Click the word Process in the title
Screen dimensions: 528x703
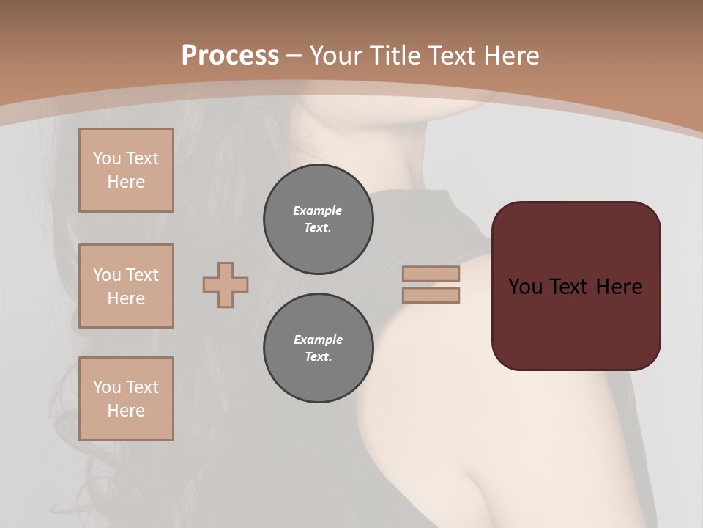click(230, 56)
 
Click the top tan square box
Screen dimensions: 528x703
click(126, 170)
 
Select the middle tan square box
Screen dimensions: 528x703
click(126, 286)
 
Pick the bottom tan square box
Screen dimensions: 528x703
click(126, 399)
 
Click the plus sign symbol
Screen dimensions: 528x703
click(226, 285)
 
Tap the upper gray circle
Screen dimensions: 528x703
click(318, 219)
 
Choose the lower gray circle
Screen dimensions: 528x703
click(318, 348)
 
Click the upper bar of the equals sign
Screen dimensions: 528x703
click(431, 274)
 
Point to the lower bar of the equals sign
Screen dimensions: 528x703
click(431, 296)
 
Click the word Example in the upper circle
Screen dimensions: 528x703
click(318, 210)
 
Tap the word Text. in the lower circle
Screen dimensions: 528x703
click(318, 357)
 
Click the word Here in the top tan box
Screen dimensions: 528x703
click(126, 182)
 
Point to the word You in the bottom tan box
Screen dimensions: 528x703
click(107, 387)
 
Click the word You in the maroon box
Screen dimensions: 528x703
click(525, 287)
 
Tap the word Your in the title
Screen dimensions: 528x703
click(338, 56)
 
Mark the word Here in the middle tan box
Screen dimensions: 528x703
click(126, 298)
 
